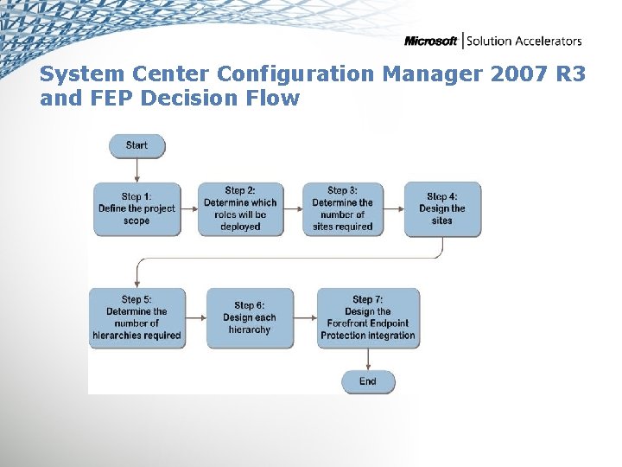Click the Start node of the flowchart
[136, 145]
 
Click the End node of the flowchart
[368, 381]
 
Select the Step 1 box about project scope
[136, 209]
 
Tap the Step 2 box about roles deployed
[240, 209]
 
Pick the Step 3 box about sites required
[342, 209]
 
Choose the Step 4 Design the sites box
[441, 209]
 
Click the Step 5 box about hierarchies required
[136, 318]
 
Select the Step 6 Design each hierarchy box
[250, 318]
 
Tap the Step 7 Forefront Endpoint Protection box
[368, 318]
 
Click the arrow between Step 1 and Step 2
[189, 209]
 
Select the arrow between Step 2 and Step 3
[293, 209]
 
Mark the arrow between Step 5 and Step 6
[196, 318]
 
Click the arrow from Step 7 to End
[368, 359]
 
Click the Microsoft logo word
[431, 42]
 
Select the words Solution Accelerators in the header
[524, 42]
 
